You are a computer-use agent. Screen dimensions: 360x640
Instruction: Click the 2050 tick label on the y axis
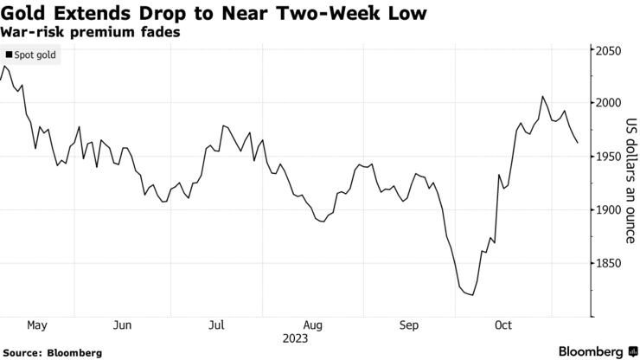click(x=608, y=51)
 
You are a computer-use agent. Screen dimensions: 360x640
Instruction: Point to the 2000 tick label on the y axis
click(x=608, y=103)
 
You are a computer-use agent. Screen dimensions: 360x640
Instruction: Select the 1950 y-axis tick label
click(x=608, y=157)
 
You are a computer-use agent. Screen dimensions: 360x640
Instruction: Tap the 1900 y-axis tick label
click(x=608, y=209)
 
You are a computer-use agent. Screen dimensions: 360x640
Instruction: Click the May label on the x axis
click(x=36, y=325)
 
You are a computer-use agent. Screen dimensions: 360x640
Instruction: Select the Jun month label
click(x=122, y=325)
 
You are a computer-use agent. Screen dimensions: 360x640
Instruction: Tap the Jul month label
click(x=217, y=325)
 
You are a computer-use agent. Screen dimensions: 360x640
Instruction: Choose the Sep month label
click(x=408, y=325)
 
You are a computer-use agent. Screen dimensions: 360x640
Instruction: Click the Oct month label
click(x=503, y=325)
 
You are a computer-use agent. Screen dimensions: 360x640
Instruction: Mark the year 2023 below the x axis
click(x=295, y=338)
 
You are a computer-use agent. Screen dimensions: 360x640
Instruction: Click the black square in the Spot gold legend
click(x=9, y=55)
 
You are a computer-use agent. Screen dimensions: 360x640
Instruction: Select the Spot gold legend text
click(x=35, y=55)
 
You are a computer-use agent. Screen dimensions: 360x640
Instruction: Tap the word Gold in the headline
click(x=26, y=16)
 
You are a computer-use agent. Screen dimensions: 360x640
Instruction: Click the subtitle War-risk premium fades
click(x=80, y=33)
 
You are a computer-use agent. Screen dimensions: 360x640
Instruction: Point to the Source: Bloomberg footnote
click(x=53, y=352)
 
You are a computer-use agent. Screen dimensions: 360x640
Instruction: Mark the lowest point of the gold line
click(x=472, y=295)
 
